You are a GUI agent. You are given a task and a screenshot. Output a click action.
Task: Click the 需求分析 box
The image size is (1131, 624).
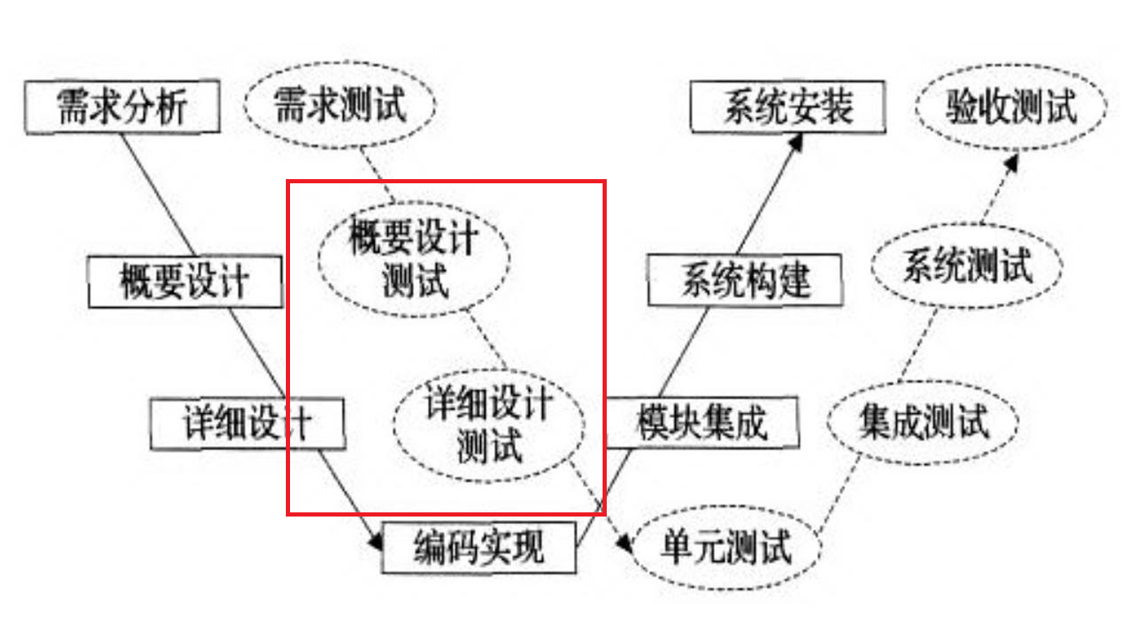click(123, 107)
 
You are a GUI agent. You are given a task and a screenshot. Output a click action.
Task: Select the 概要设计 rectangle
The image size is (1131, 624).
click(185, 282)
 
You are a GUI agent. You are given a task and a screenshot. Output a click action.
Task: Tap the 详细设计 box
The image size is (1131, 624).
click(248, 423)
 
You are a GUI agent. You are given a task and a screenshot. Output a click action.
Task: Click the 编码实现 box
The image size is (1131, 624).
click(478, 547)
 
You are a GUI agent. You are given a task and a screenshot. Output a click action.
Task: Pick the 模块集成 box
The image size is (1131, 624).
click(701, 422)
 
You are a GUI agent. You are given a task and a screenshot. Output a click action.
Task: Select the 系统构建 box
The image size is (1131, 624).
click(744, 281)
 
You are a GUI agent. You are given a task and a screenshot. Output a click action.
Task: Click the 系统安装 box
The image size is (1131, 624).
click(788, 107)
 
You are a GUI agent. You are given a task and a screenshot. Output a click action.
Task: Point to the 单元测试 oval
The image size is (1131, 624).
click(726, 548)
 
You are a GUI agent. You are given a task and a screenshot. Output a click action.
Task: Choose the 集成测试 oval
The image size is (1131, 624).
click(923, 422)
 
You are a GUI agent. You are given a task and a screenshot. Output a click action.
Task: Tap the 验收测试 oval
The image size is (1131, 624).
click(1011, 107)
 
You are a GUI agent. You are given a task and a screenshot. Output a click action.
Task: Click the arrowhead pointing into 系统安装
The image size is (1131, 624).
click(797, 142)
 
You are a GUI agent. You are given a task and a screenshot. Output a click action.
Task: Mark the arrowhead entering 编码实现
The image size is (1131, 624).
click(376, 542)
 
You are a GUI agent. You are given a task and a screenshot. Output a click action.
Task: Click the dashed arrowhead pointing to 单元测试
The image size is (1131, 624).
click(623, 542)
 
